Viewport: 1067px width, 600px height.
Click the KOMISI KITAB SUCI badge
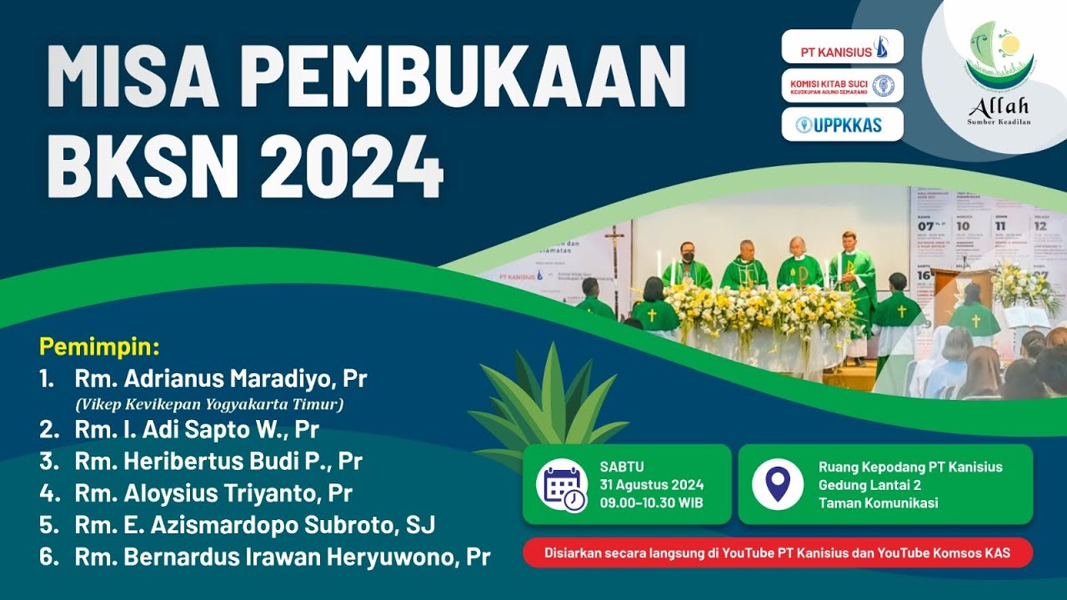pos(842,86)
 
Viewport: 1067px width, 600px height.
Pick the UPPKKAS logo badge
pos(842,125)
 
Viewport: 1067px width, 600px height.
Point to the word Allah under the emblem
pos(998,107)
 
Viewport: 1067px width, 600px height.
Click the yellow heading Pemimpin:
pos(99,346)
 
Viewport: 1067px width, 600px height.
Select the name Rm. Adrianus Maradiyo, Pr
pos(221,379)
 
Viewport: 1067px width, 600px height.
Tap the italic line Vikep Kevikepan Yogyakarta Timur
pos(209,405)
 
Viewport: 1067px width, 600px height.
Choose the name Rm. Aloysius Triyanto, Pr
pos(213,493)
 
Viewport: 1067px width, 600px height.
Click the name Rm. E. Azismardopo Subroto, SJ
pos(255,525)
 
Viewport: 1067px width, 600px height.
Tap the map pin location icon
pos(778,484)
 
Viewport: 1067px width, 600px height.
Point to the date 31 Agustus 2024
pos(651,485)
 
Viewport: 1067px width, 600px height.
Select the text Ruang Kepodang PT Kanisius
pos(910,467)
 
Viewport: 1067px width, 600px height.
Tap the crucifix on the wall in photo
pos(614,246)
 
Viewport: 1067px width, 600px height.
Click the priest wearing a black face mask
pos(686,265)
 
